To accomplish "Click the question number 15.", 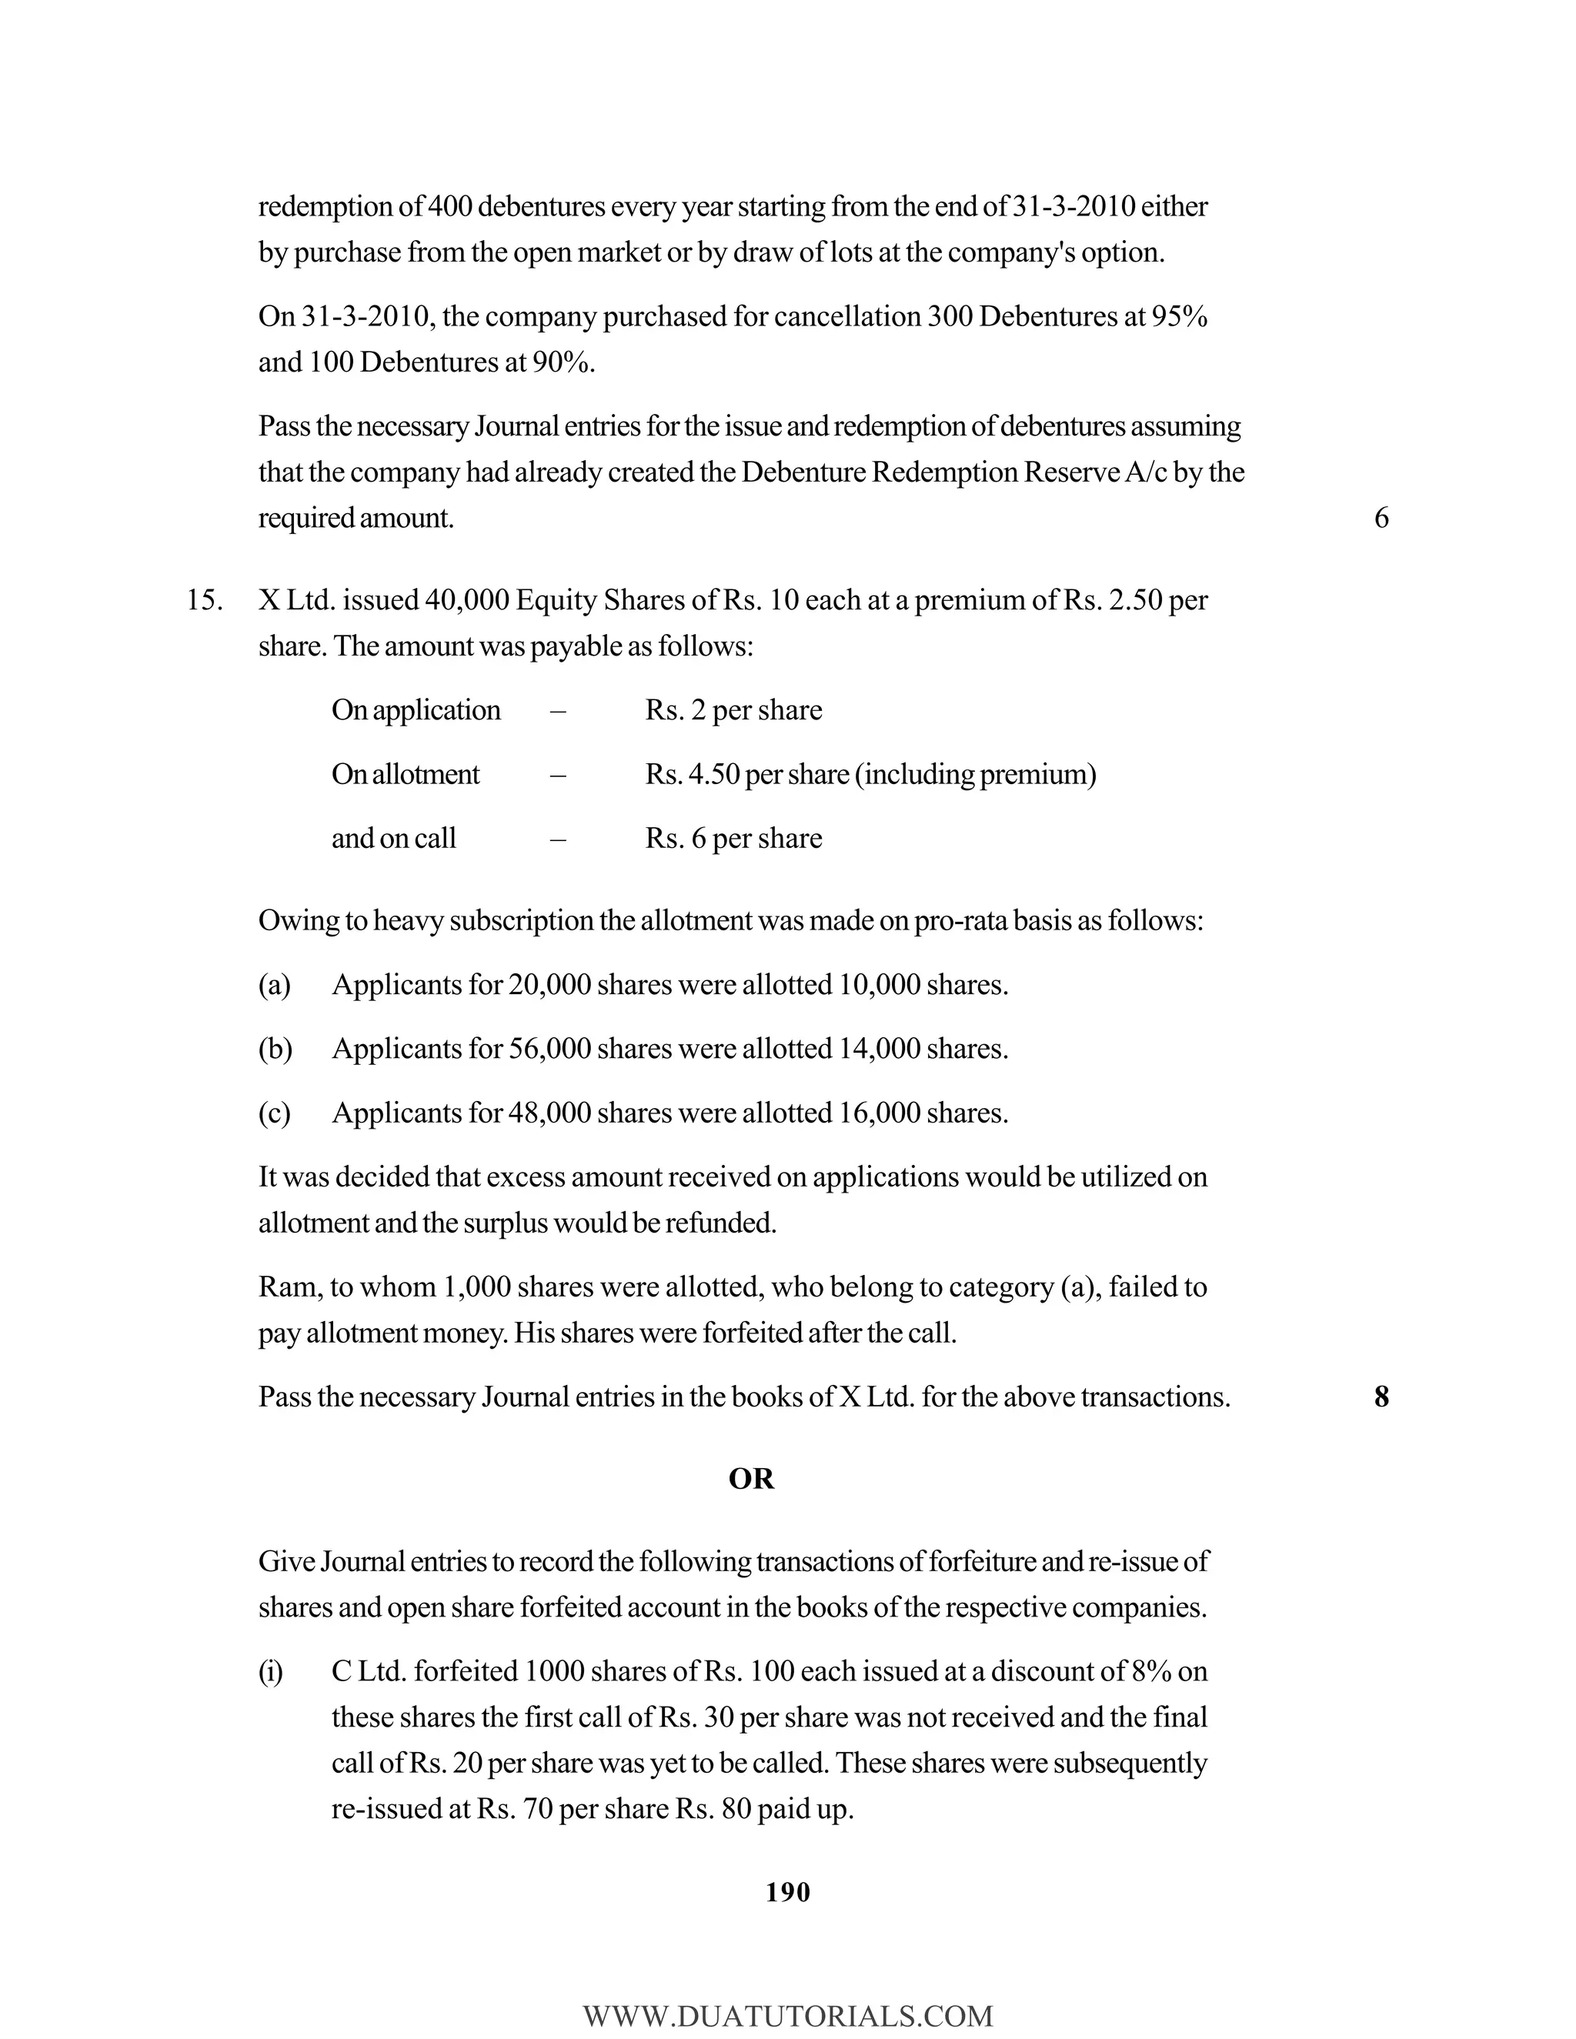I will click(x=205, y=600).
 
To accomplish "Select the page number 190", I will click(x=787, y=1893).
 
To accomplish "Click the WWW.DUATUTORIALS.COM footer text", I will click(x=787, y=2016).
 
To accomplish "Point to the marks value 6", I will click(x=1381, y=518).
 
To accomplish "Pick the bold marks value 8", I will click(x=1381, y=1397).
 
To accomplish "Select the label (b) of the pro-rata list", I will click(x=275, y=1050).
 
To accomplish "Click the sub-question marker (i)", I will click(x=270, y=1672).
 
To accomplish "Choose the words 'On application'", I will click(x=416, y=710).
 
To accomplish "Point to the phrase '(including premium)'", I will click(x=975, y=775).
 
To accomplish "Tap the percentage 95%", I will click(x=1179, y=318).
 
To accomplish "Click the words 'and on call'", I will click(x=393, y=839).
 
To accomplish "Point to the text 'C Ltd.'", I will click(x=369, y=1672).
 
